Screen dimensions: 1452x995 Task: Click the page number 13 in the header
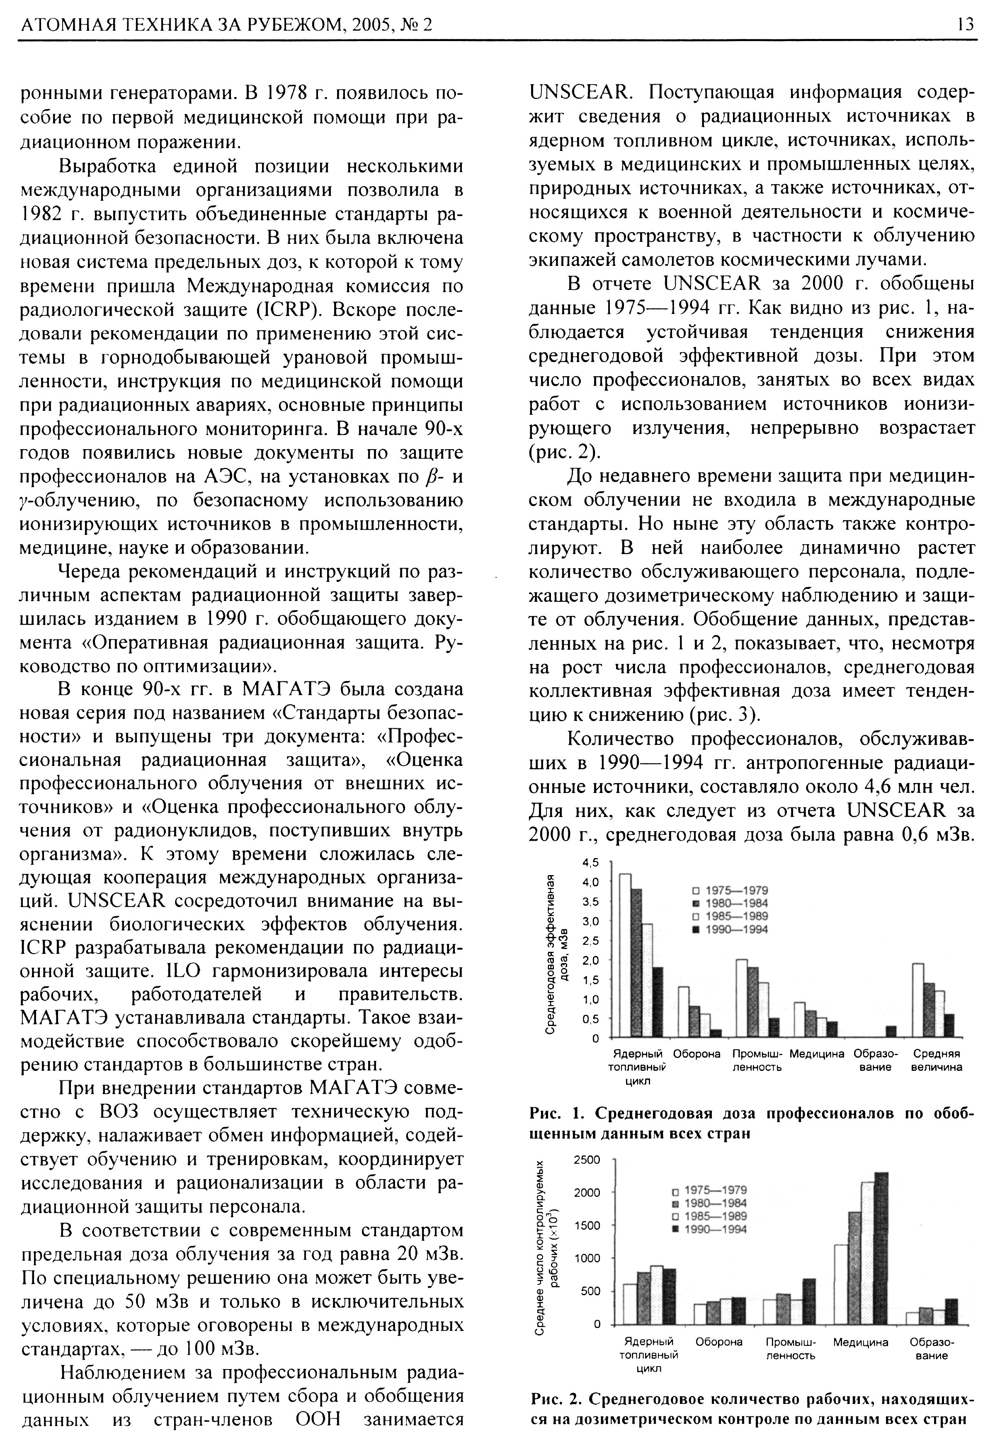click(x=964, y=24)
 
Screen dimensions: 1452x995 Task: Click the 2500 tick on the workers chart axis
click(x=587, y=1160)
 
